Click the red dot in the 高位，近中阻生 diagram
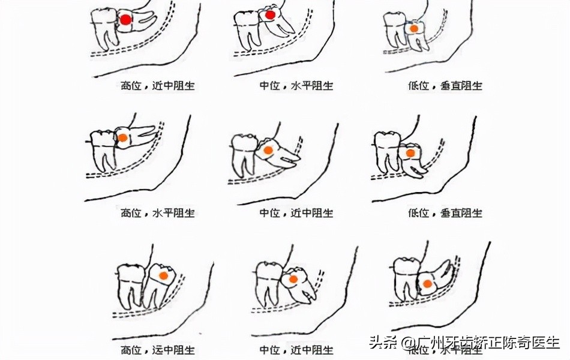[x=125, y=20]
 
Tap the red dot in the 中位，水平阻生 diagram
[x=271, y=15]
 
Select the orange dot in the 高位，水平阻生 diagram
[x=122, y=137]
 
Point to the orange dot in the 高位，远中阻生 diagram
[x=163, y=275]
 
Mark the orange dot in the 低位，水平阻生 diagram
[x=427, y=284]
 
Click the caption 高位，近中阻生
[x=158, y=86]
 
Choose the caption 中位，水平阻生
[x=296, y=86]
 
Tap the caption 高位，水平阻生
[x=158, y=212]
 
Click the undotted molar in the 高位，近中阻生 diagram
[x=105, y=27]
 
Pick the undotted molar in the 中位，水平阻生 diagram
[x=247, y=30]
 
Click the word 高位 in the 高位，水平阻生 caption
[x=131, y=212]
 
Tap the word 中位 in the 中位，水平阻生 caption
[x=269, y=86]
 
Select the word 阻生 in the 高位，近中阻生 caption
[x=184, y=86]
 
